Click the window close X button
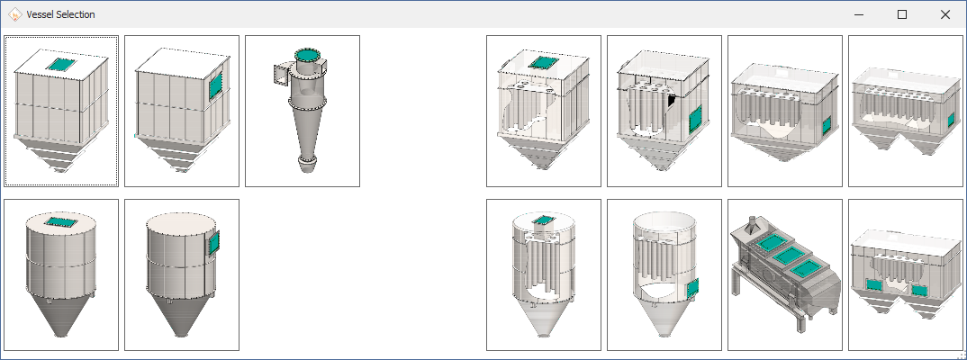point(944,14)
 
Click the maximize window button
point(901,14)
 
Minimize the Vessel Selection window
point(859,14)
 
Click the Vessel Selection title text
point(60,14)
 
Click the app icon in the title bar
point(14,14)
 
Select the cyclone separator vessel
point(303,111)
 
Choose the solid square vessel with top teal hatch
point(61,111)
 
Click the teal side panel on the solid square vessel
point(215,85)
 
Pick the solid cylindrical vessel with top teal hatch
point(61,274)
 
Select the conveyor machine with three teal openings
point(785,274)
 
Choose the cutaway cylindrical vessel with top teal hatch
point(543,274)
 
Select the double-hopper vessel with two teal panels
point(906,274)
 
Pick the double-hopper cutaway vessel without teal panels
point(906,111)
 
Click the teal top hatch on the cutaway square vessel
point(543,62)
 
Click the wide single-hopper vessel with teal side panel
point(785,111)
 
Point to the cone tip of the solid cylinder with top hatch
point(60,336)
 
